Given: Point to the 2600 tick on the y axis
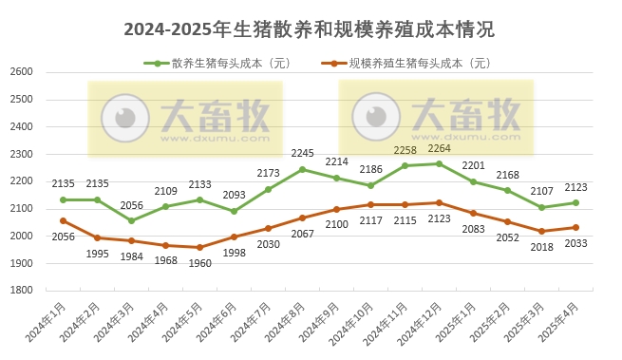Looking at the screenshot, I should click(21, 72).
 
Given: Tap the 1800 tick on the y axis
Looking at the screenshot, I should click(21, 291).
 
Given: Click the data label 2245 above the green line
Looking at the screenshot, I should click(303, 153).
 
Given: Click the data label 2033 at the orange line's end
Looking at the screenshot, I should click(576, 243).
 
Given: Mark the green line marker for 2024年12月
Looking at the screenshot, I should click(439, 163).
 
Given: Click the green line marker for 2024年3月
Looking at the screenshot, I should click(131, 220).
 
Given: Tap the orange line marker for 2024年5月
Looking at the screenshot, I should click(199, 247).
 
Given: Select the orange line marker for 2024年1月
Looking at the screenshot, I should click(63, 220).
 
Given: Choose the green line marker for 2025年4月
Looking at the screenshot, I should click(575, 202).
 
